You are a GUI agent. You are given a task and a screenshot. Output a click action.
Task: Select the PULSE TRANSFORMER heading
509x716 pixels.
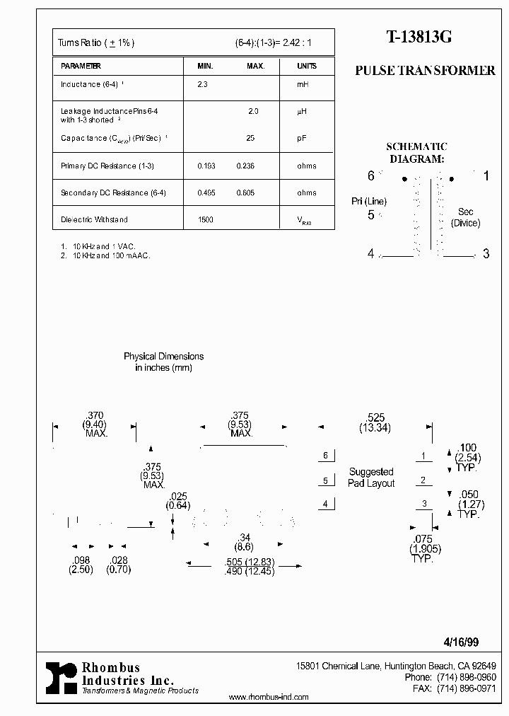point(425,71)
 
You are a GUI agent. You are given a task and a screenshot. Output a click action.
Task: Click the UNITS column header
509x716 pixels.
point(307,66)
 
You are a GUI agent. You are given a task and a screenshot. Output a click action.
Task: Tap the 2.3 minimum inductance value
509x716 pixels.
point(202,84)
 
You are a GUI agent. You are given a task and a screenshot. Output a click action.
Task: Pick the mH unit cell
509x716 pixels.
point(303,84)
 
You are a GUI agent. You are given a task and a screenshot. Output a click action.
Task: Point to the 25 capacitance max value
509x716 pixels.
point(250,138)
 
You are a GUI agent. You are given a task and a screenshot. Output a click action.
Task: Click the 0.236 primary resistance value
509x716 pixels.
point(245,166)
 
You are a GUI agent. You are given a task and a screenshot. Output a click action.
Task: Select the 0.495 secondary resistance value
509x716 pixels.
point(206,192)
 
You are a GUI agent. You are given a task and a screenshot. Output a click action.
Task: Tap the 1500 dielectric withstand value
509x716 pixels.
point(206,219)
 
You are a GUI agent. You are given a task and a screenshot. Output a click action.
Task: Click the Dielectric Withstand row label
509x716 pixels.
point(94,219)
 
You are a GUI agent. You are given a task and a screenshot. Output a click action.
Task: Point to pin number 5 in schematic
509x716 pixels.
point(371,215)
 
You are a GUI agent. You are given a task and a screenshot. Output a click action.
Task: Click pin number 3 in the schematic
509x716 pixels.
point(486,254)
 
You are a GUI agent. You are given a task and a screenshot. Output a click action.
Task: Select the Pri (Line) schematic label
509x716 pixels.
point(368,202)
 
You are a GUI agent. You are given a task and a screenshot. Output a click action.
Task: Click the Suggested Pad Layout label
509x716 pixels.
point(371,478)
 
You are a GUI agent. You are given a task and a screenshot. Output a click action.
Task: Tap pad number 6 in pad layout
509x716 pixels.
point(326,456)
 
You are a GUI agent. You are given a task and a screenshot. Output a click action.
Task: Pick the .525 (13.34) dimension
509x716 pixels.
point(375,423)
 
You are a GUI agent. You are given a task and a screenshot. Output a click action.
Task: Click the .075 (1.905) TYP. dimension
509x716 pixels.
point(421,548)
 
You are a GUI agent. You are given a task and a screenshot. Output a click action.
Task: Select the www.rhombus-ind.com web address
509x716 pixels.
point(269,697)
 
